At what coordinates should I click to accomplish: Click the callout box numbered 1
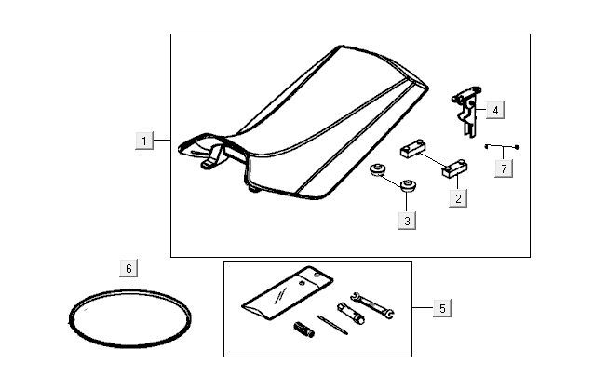(x=144, y=141)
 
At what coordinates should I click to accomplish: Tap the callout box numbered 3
(x=407, y=221)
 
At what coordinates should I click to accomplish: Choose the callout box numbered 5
(x=441, y=308)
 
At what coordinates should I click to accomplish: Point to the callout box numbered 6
(x=129, y=268)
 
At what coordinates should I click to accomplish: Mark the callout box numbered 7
(x=504, y=169)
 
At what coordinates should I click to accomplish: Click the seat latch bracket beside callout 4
(x=468, y=112)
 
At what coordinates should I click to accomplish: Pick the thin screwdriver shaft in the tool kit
(x=327, y=322)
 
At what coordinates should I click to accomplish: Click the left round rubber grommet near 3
(x=379, y=171)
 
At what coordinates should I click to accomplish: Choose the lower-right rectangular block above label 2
(x=455, y=168)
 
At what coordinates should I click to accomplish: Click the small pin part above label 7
(x=503, y=147)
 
